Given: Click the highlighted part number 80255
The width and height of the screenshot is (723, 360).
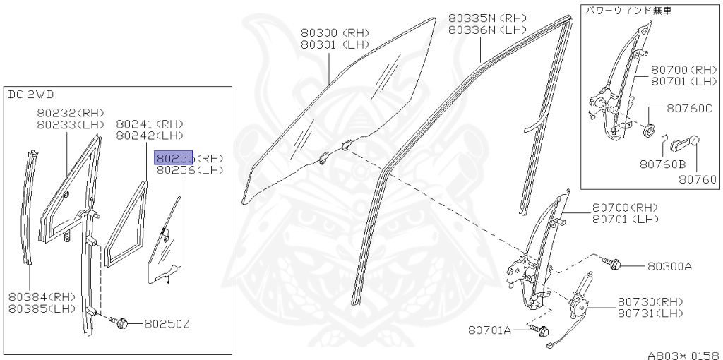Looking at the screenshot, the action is (x=174, y=158).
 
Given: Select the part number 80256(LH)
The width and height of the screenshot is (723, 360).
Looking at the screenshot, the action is (x=189, y=170).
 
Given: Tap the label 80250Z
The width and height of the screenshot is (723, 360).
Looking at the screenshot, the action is (x=167, y=324).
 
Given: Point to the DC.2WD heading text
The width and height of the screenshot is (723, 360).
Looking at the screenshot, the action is (x=31, y=94).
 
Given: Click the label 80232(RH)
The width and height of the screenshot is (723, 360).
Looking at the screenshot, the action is (x=70, y=113).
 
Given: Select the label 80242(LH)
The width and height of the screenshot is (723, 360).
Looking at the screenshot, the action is (x=150, y=135).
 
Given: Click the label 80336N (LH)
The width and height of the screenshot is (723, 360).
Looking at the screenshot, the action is (x=487, y=30).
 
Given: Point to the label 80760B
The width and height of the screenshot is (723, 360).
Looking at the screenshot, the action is (x=663, y=164).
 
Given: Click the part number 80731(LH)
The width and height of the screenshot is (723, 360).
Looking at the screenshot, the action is (x=650, y=313).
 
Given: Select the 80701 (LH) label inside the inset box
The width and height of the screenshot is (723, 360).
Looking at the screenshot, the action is (x=683, y=81).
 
